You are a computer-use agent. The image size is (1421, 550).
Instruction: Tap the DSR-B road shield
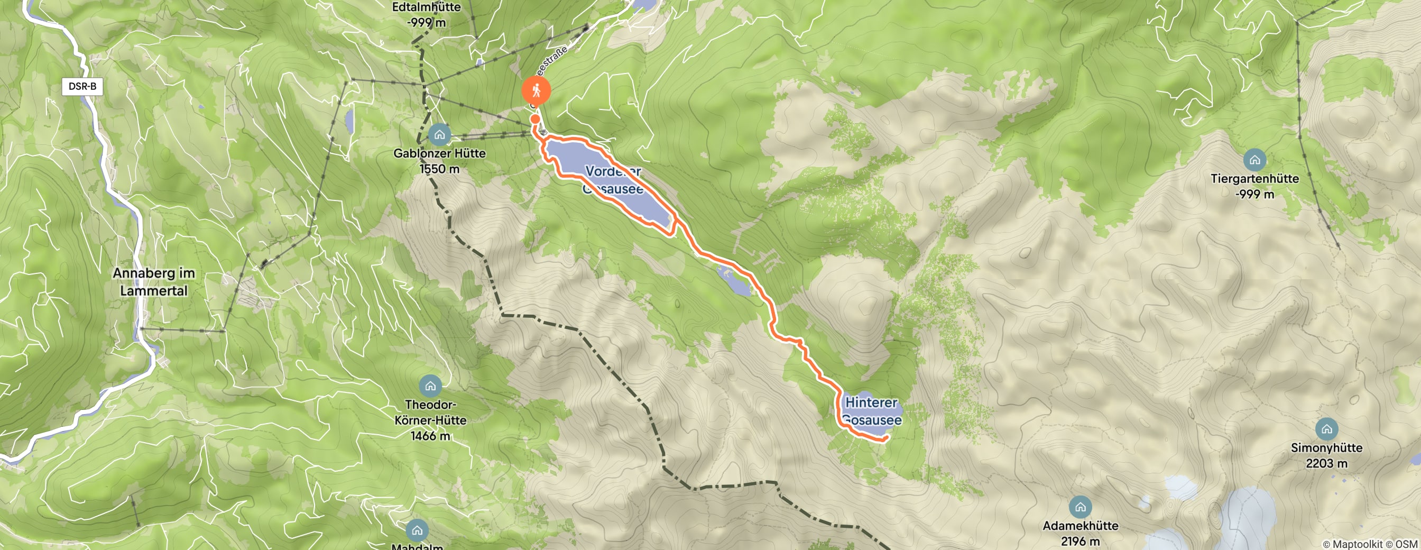(82, 86)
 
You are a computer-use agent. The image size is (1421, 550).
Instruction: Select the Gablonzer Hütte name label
(439, 153)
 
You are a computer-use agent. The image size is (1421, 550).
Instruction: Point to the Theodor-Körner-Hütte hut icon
(430, 386)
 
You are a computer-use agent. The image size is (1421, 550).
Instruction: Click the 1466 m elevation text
(430, 436)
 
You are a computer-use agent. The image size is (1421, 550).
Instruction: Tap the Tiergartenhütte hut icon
(1254, 160)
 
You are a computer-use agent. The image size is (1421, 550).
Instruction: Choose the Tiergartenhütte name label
(1254, 179)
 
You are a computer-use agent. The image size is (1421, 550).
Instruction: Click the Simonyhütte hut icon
(1327, 429)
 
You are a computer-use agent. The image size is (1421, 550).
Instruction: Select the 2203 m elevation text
(1327, 463)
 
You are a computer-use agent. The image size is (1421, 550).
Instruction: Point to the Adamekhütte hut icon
(1080, 507)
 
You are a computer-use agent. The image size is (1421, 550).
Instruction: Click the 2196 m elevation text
(1080, 541)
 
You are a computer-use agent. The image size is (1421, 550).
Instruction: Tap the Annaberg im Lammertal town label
(154, 282)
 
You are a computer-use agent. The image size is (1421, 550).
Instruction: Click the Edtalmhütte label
(427, 8)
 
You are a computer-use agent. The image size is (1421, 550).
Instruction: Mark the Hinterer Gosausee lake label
(872, 411)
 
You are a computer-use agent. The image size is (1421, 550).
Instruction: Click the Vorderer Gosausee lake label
(613, 180)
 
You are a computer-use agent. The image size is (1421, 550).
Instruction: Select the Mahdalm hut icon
(417, 530)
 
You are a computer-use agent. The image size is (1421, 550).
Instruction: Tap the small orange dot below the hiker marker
(535, 118)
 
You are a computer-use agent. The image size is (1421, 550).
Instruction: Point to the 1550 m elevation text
(439, 169)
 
